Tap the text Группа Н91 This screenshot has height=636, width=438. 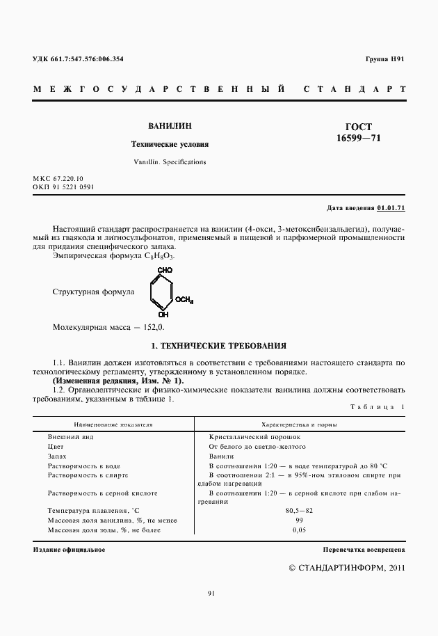384,59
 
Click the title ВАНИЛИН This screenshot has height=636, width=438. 170,127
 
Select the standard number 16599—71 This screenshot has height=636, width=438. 358,138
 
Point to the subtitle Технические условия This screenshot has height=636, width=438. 170,145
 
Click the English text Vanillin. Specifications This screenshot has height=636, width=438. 170,161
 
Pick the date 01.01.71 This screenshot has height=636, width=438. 391,208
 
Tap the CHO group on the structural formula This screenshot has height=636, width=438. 165,269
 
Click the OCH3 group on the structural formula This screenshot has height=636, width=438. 184,300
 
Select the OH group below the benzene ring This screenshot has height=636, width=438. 163,315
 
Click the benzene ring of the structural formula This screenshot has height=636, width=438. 161,292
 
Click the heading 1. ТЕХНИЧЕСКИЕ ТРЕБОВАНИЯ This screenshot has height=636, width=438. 218,346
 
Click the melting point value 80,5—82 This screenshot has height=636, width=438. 299,511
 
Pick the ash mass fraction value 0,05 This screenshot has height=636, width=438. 299,530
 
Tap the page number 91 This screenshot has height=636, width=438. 211,593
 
